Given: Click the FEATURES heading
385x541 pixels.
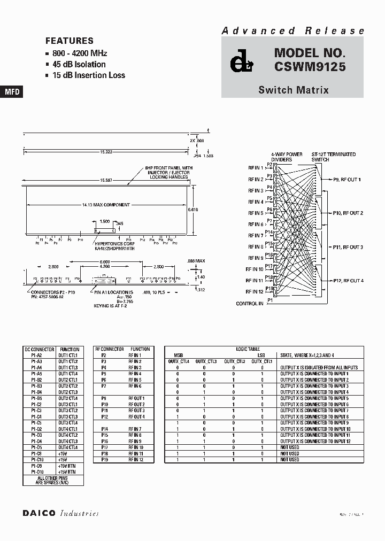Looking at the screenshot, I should (x=70, y=41).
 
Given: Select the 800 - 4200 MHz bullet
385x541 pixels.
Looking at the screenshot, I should (x=80, y=53).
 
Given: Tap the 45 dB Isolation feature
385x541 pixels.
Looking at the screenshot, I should (x=79, y=64).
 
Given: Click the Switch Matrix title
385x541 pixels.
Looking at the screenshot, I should (x=293, y=90).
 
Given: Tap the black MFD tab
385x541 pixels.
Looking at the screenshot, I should (x=12, y=92).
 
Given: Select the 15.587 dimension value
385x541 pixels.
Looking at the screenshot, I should (x=105, y=180).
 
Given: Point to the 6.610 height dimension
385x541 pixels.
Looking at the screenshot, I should (x=193, y=210).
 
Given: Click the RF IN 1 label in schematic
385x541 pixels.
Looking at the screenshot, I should (x=255, y=168).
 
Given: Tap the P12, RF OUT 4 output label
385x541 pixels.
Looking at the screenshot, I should (x=348, y=281).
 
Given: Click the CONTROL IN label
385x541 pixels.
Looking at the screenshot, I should (x=250, y=304).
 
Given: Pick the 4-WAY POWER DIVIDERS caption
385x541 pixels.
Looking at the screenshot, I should (x=287, y=157).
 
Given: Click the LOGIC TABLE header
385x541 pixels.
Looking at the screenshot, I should (x=247, y=349).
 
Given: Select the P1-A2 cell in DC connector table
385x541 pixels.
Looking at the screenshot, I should (x=36, y=355).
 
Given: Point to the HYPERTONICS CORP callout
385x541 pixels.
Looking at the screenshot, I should (x=113, y=244).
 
